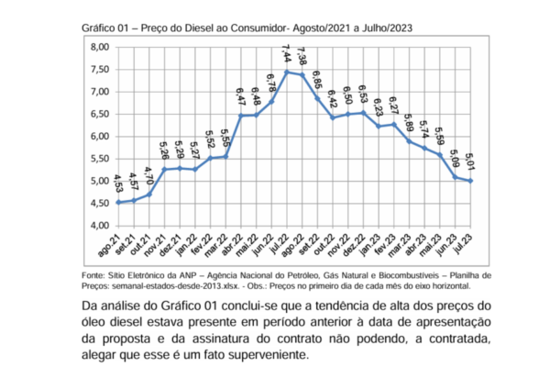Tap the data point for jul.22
coord(288,72)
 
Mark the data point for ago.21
coord(118,202)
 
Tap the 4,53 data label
coord(118,183)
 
